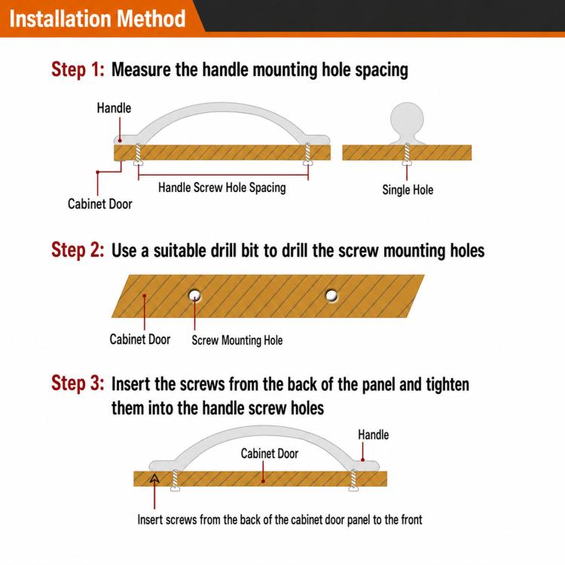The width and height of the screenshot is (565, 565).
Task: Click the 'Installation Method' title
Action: click(x=97, y=18)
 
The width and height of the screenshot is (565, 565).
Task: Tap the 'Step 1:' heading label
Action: click(x=78, y=69)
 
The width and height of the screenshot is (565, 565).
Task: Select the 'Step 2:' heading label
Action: click(x=78, y=250)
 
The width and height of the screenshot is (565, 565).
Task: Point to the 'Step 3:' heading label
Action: click(x=78, y=383)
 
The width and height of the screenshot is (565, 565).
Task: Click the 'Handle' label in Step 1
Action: click(x=114, y=108)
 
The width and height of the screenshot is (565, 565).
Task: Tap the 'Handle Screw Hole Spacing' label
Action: click(x=222, y=188)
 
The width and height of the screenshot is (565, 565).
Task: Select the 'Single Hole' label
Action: click(x=408, y=190)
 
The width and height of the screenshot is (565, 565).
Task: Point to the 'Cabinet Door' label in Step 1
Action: click(x=99, y=204)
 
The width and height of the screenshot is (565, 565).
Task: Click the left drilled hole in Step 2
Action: click(x=194, y=295)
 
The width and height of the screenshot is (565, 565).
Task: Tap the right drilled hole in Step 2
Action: click(x=331, y=295)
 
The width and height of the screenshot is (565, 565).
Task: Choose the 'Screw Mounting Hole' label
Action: click(x=237, y=341)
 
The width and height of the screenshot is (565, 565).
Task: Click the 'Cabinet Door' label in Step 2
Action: click(x=140, y=340)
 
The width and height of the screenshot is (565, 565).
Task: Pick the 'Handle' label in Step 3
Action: click(x=374, y=435)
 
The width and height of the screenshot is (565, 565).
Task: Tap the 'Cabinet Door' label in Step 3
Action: click(x=270, y=454)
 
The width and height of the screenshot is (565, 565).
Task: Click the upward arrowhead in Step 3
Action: click(x=154, y=478)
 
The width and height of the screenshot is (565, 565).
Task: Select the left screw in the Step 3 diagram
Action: click(x=175, y=481)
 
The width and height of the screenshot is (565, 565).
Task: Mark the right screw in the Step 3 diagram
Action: click(x=353, y=481)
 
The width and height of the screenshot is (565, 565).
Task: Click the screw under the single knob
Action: click(x=407, y=154)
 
